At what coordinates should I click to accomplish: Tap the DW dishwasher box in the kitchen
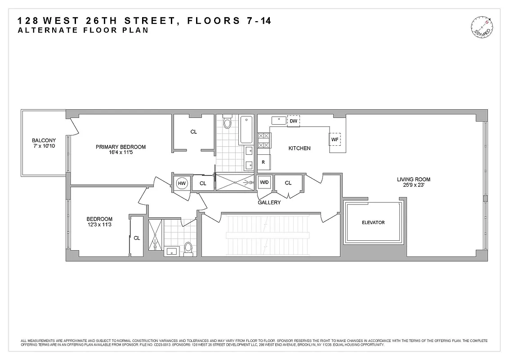[293, 121]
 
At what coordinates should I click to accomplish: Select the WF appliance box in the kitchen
[335, 139]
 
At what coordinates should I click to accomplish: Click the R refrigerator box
[263, 162]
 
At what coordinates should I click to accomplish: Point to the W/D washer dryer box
[264, 182]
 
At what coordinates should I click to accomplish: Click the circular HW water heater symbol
[182, 183]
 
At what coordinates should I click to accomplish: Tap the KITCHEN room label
[299, 148]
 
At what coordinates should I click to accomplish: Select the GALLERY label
[269, 202]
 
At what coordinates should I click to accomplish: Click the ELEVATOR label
[373, 223]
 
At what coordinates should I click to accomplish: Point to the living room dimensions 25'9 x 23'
[413, 185]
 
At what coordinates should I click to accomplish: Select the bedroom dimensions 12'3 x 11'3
[99, 225]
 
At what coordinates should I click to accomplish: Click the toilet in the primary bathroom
[227, 122]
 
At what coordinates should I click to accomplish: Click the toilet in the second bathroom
[188, 248]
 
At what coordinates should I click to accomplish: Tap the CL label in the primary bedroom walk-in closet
[193, 132]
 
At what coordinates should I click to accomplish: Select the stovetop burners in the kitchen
[264, 140]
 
